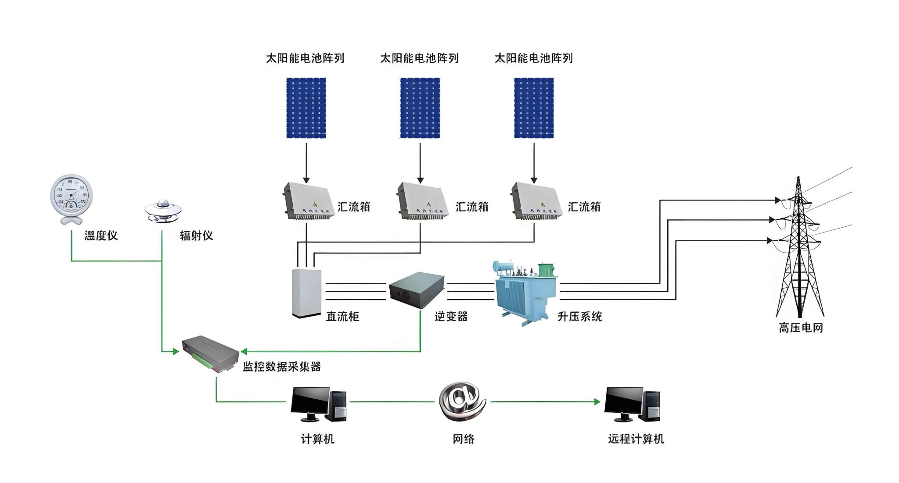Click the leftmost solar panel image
[x=306, y=108]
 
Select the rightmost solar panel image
[x=534, y=108]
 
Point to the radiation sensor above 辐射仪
[x=163, y=211]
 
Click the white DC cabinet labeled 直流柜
[x=306, y=293]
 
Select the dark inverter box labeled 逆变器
[x=417, y=289]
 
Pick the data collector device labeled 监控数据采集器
[x=210, y=353]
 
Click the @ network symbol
[x=462, y=401]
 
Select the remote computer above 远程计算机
[x=632, y=404]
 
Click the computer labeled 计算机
[x=318, y=404]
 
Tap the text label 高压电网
[x=800, y=328]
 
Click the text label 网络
[x=464, y=439]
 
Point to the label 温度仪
[x=101, y=236]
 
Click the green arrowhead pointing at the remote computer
[x=597, y=401]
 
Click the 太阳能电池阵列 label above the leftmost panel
[x=305, y=58]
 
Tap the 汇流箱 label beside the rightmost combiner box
[x=584, y=207]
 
